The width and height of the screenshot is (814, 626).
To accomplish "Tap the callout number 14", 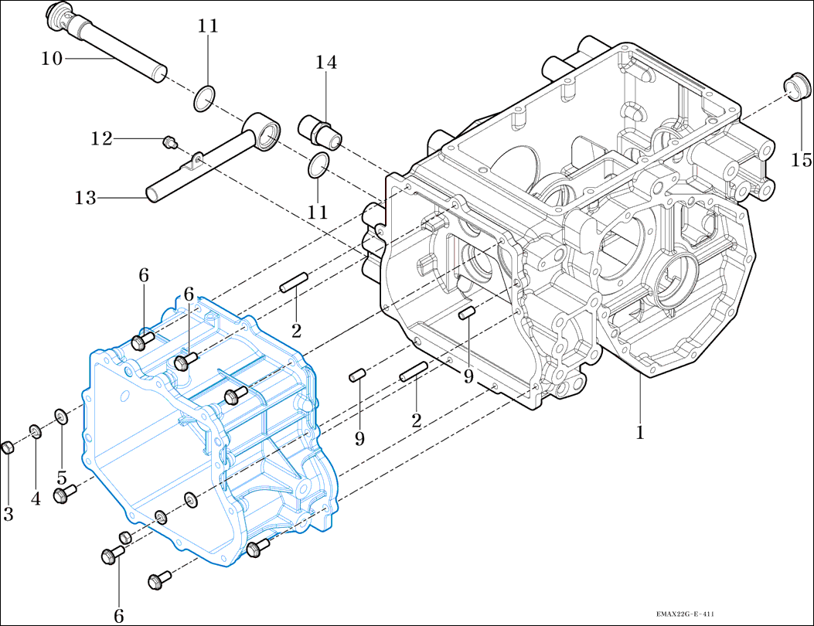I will point(325,63).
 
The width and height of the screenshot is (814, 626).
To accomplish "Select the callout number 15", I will point(802,160).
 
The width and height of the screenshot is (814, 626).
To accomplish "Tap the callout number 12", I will point(101,139).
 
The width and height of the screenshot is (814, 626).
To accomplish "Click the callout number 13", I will point(86,199).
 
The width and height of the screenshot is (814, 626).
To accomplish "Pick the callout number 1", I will point(640,433).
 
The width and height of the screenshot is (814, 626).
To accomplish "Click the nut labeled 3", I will point(7,448).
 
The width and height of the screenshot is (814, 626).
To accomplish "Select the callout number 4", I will point(36,498).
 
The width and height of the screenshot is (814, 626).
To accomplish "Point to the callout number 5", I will point(61,477).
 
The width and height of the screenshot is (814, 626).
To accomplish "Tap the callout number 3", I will point(8,515).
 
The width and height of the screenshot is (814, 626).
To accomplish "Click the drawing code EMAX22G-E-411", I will point(679,614).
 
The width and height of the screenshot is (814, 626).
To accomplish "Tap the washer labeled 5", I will point(61,417).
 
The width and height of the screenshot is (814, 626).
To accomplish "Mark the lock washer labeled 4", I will point(35,430).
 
